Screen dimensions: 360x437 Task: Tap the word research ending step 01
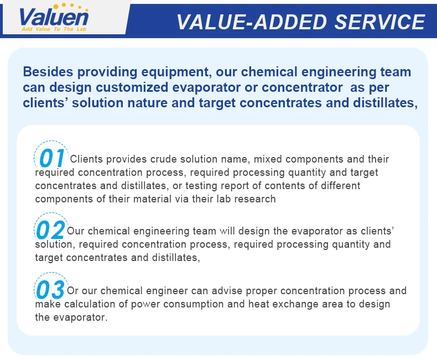point(255,199)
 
